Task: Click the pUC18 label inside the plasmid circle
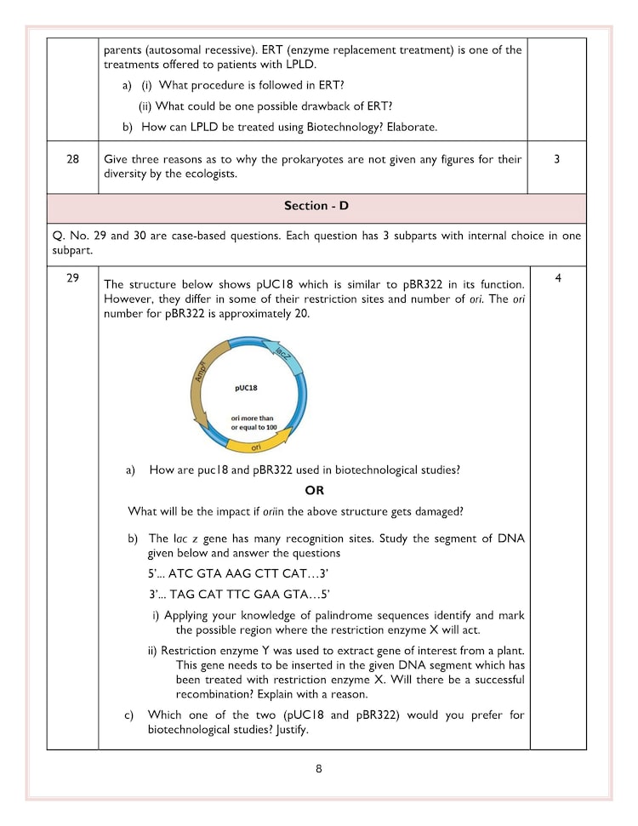click(x=246, y=387)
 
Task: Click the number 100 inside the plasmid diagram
click(x=271, y=427)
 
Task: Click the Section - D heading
click(x=316, y=206)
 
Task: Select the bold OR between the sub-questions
click(x=315, y=491)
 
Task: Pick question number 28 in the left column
click(x=72, y=159)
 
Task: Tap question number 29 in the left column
click(x=72, y=277)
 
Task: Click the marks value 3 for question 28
click(x=556, y=159)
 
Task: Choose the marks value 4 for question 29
click(x=556, y=277)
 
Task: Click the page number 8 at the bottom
click(x=319, y=769)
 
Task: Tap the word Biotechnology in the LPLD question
click(x=336, y=127)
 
